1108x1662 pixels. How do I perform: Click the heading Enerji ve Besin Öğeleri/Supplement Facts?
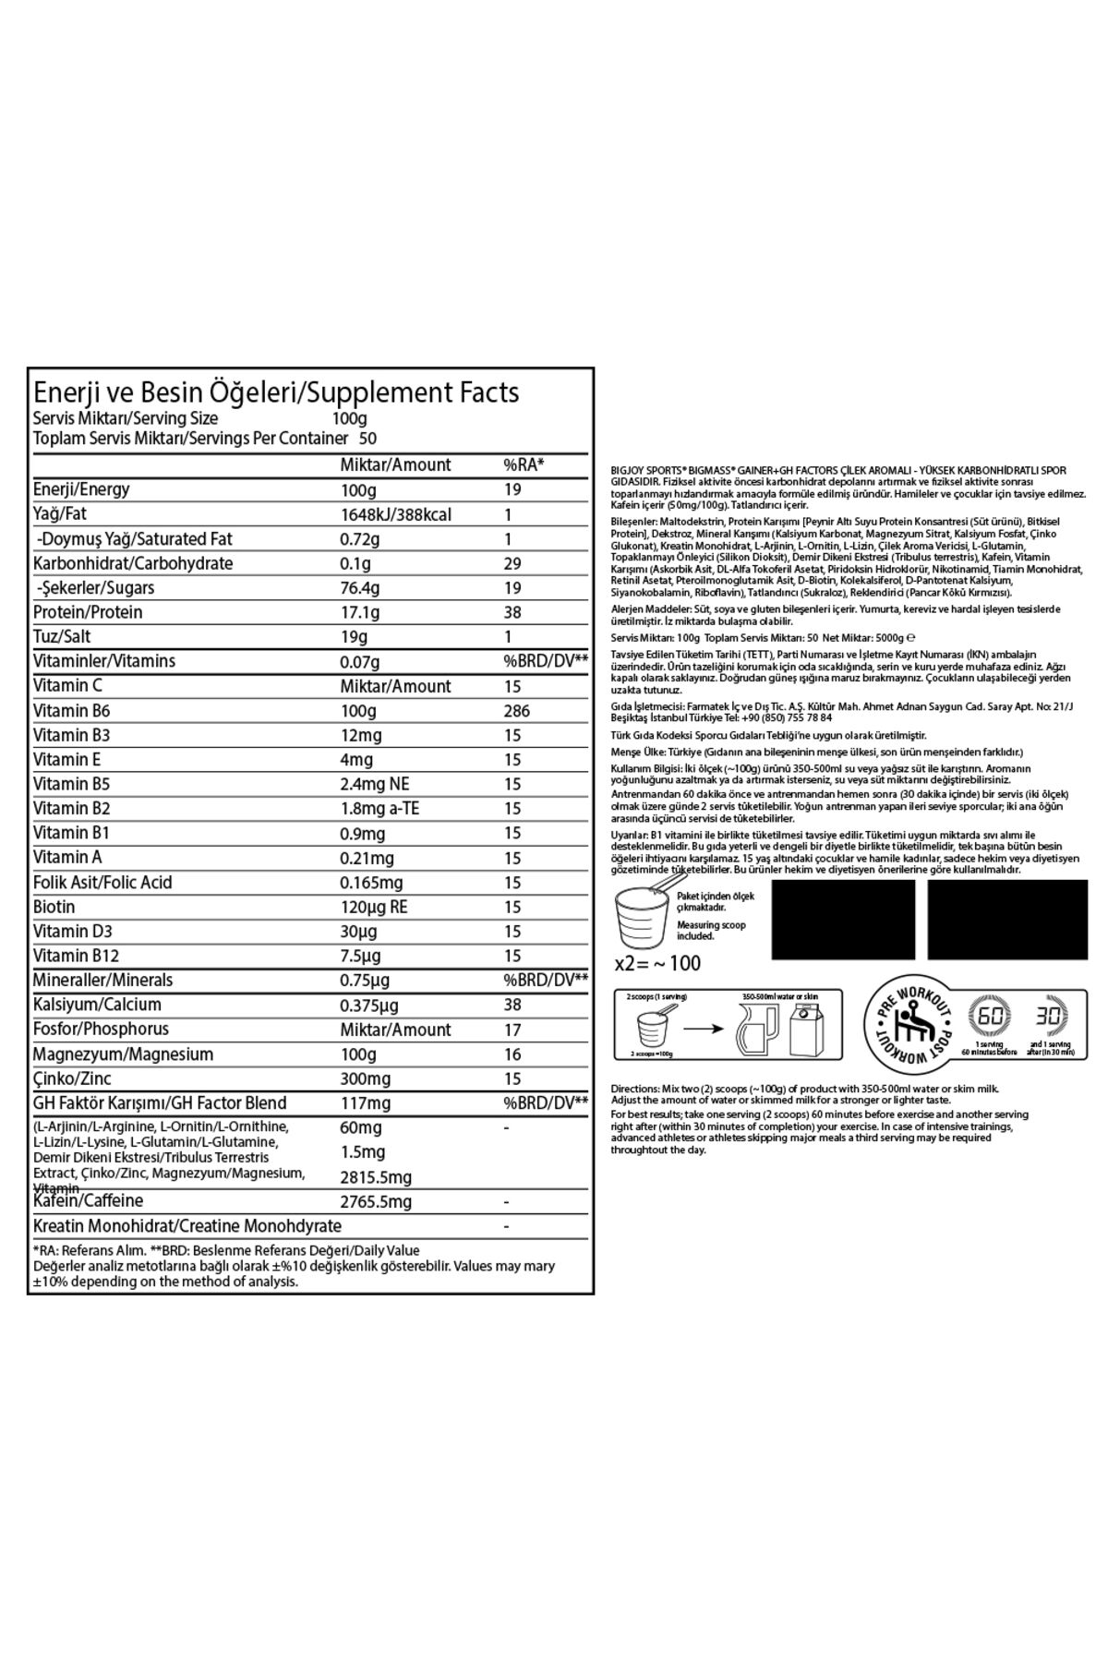tap(275, 392)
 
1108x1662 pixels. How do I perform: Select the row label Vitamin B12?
tap(76, 956)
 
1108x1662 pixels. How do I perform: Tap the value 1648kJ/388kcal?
tap(395, 514)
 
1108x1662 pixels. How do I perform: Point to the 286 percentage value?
tap(517, 711)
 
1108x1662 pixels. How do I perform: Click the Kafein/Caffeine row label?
tap(89, 1201)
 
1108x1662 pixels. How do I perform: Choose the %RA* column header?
tap(523, 464)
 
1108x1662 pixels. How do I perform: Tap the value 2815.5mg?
tap(376, 1177)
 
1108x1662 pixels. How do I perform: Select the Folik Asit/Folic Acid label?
tap(102, 882)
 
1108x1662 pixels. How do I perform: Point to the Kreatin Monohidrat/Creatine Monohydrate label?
tap(187, 1226)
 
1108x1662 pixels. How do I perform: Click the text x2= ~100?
tap(657, 964)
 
